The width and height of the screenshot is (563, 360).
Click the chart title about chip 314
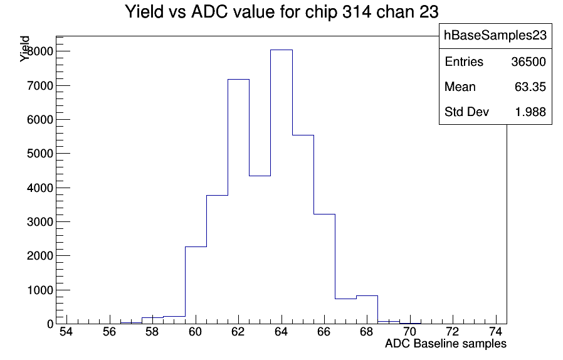pyautogui.click(x=282, y=12)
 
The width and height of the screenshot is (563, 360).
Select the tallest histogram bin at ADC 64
pyautogui.click(x=281, y=187)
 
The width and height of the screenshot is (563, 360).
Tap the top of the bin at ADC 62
pyautogui.click(x=239, y=80)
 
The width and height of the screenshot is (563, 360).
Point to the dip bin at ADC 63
pyautogui.click(x=260, y=250)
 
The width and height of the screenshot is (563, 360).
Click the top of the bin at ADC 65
pyautogui.click(x=303, y=135)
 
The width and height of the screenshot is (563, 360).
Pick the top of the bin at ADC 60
pyautogui.click(x=196, y=247)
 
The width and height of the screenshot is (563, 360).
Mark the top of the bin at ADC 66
pyautogui.click(x=325, y=214)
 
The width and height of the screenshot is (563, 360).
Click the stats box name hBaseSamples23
pyautogui.click(x=495, y=36)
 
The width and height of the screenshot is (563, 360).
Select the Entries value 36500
pyautogui.click(x=529, y=62)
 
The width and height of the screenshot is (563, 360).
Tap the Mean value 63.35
pyautogui.click(x=530, y=87)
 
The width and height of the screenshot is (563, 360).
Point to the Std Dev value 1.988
pyautogui.click(x=530, y=112)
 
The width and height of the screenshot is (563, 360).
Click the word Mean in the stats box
pyautogui.click(x=460, y=87)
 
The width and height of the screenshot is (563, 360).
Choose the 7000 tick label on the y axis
pyautogui.click(x=40, y=86)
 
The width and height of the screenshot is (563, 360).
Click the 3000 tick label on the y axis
pyautogui.click(x=40, y=221)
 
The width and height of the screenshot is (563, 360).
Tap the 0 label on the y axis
pyautogui.click(x=50, y=324)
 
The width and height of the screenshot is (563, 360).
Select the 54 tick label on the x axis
pyautogui.click(x=66, y=332)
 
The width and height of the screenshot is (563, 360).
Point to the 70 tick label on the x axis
pyautogui.click(x=409, y=332)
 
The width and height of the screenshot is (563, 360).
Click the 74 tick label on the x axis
pyautogui.click(x=496, y=332)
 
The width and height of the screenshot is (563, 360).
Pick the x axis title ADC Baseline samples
pyautogui.click(x=446, y=344)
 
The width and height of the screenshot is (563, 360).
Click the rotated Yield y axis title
pyautogui.click(x=24, y=49)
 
